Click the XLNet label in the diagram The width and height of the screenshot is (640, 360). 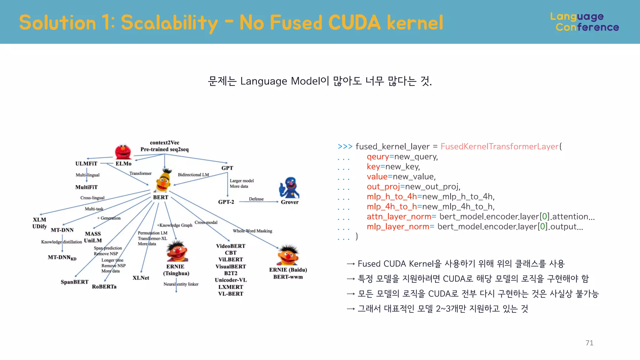point(141,278)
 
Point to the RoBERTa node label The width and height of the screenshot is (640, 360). point(104,287)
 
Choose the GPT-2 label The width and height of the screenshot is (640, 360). point(226,202)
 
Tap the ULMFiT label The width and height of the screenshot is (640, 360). point(86,163)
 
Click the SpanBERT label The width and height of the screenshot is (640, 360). point(74,282)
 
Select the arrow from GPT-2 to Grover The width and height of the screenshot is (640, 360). point(259,202)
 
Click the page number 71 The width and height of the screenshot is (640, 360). point(589,343)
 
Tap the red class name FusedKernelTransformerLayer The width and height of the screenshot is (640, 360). point(499,146)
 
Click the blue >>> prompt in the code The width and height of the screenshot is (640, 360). point(345,146)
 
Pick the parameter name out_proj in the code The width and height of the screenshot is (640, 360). point(383,187)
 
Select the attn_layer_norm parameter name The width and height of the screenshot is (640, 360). point(399,217)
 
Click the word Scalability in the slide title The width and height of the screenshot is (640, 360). point(169,22)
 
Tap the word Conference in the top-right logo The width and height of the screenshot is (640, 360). point(587,27)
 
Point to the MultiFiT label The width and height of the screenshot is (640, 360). point(86,187)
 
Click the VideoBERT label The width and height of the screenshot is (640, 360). point(231,246)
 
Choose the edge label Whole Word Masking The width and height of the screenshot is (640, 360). point(252,231)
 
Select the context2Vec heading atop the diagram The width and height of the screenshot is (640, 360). point(164,142)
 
